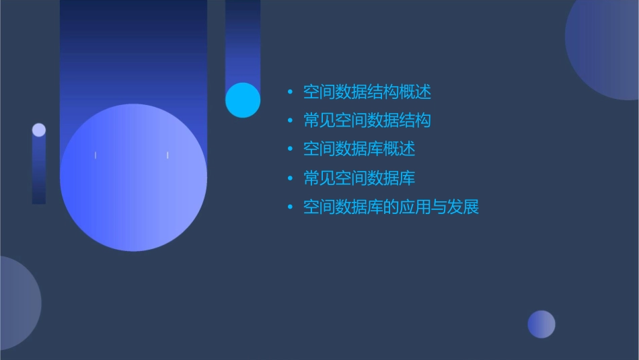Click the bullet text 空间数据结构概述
tap(367, 92)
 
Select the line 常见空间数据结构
tap(367, 120)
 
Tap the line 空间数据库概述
tap(359, 149)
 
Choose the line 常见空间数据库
tap(359, 178)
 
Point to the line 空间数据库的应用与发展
tap(391, 207)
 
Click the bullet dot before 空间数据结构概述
tap(290, 92)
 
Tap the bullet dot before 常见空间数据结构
tap(290, 121)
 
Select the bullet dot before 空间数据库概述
tap(290, 149)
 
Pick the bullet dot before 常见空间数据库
tap(290, 179)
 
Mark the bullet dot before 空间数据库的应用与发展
tap(290, 207)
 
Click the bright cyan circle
tap(243, 100)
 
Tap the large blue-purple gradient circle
tap(133, 178)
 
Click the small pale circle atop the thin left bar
tap(39, 130)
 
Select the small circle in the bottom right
tap(541, 324)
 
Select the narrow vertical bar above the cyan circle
tap(243, 40)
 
